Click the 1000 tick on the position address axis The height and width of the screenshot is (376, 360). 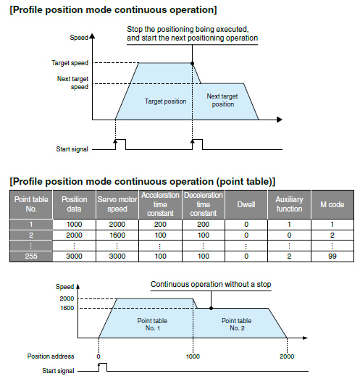coord(192,356)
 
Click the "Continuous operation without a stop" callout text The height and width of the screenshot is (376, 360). coord(211,285)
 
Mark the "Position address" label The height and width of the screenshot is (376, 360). coord(50,356)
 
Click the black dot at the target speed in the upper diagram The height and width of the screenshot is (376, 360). coord(192,64)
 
